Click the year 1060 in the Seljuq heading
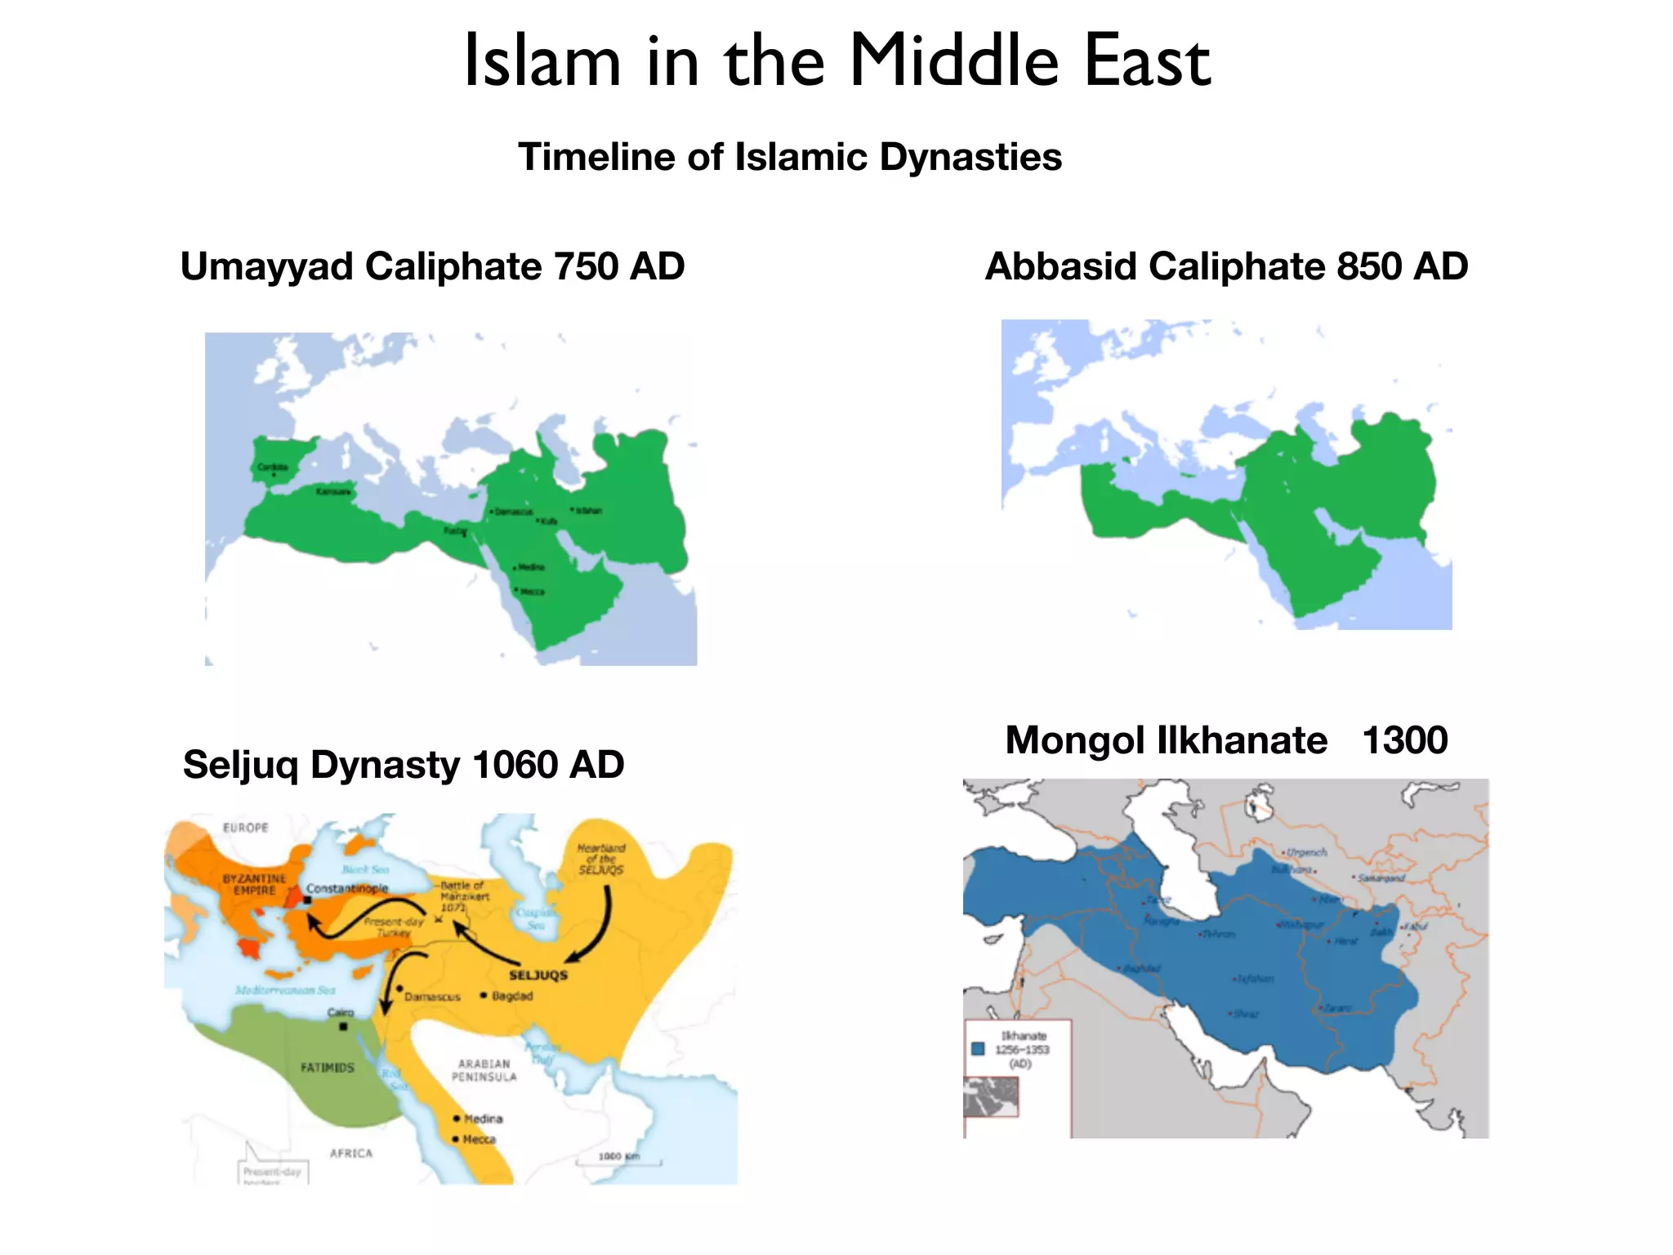[514, 765]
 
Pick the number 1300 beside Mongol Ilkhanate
[1404, 740]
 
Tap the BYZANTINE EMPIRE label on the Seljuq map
[255, 884]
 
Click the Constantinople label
[347, 888]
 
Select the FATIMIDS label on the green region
[328, 1068]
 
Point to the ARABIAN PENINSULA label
[484, 1070]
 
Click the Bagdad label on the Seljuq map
[512, 996]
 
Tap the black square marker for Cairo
[344, 1026]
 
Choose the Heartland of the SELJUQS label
[601, 859]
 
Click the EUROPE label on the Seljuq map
[246, 828]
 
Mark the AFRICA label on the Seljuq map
[351, 1153]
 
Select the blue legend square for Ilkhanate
[978, 1048]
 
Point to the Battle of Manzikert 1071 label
[464, 896]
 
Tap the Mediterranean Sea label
[285, 990]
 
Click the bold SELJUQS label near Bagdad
[538, 975]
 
